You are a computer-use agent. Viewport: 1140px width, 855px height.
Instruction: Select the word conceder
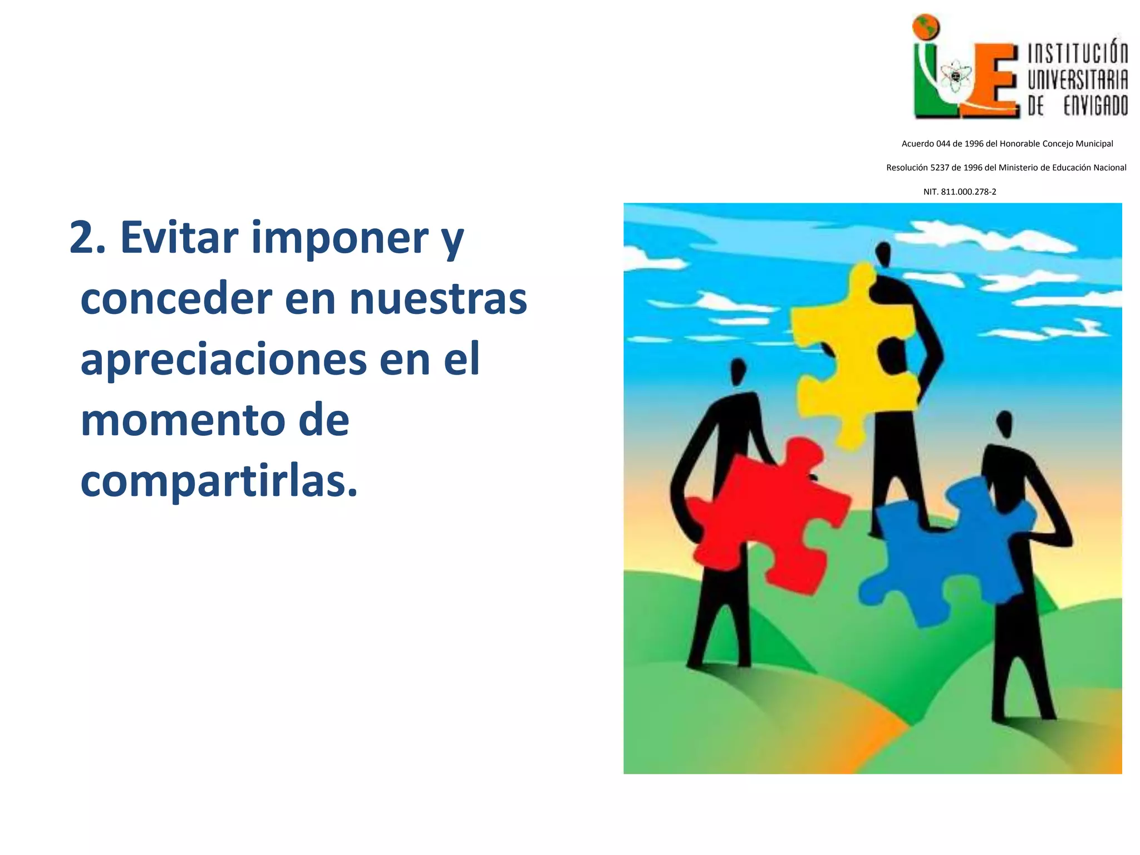click(x=176, y=299)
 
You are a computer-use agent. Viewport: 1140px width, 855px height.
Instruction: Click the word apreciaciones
click(x=223, y=360)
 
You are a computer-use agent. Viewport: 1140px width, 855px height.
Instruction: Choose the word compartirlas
click(x=219, y=482)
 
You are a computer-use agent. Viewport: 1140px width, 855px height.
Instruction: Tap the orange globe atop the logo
click(x=926, y=27)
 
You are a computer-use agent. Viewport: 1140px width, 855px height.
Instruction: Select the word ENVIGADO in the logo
click(x=1095, y=106)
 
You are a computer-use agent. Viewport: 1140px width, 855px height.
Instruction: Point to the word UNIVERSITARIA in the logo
click(x=1078, y=80)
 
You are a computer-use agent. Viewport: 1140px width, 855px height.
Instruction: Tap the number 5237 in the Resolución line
click(x=939, y=168)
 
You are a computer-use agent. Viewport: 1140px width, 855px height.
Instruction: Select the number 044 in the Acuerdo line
click(x=943, y=144)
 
